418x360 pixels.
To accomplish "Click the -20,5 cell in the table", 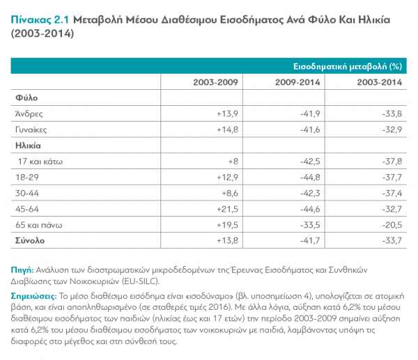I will coord(390,225).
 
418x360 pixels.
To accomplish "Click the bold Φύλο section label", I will coord(24,98).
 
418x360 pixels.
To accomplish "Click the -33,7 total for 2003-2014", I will coord(390,241).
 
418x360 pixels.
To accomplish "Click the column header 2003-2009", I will coord(216,82).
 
